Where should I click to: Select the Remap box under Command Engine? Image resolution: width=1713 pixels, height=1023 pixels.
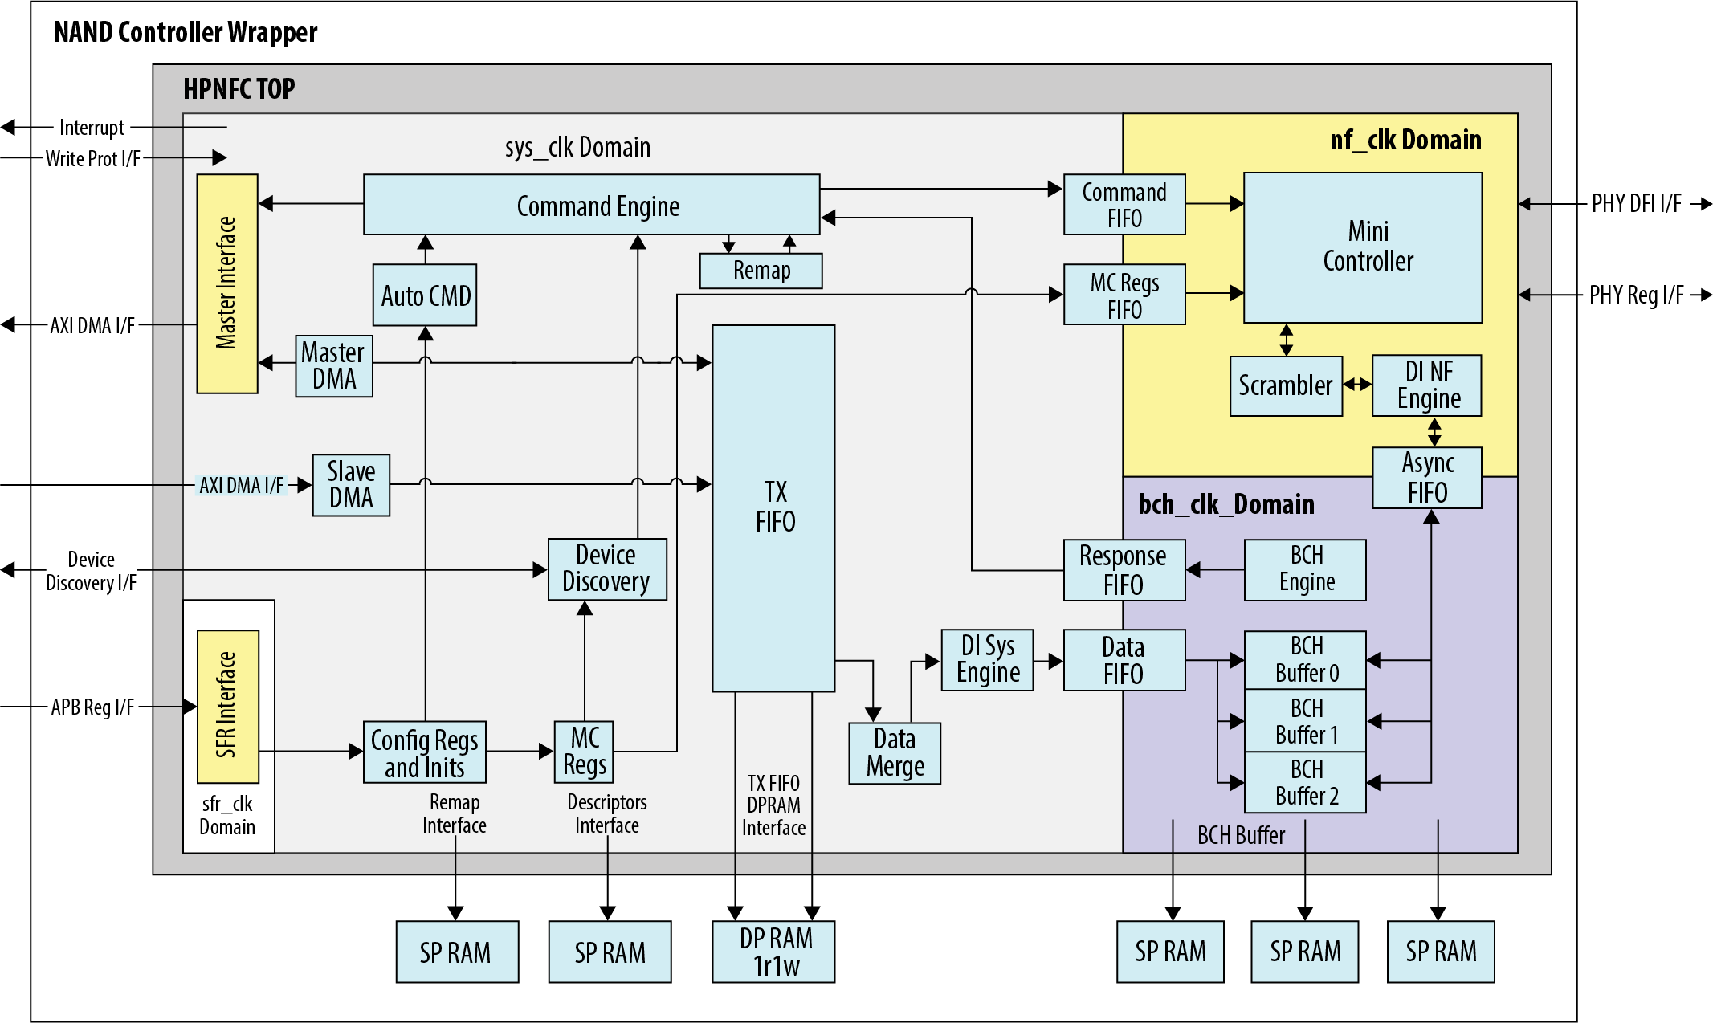761,271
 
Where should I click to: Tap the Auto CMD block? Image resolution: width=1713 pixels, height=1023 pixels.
425,295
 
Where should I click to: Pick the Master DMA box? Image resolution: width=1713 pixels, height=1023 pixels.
333,366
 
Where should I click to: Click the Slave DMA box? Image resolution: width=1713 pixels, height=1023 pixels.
351,485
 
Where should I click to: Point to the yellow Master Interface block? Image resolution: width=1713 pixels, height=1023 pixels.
227,283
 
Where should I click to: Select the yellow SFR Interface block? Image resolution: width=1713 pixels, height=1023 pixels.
228,706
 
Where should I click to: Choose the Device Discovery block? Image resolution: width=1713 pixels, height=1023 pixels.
607,569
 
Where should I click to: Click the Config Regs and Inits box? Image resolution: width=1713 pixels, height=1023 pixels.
424,752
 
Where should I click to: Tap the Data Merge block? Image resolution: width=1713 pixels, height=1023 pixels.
895,753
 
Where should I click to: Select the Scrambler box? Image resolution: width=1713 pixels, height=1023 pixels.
1286,385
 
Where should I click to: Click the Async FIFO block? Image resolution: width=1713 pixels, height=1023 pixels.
1427,478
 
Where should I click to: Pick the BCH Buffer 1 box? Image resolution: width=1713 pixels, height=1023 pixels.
1305,721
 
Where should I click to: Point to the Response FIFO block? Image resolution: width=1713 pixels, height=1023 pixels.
1124,570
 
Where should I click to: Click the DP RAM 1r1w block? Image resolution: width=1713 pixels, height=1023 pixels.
773,952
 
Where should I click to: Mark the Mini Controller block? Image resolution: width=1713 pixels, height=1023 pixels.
1363,247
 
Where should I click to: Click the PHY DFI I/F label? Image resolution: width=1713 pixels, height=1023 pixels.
1636,204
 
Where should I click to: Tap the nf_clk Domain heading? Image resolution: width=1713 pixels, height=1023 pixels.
1405,140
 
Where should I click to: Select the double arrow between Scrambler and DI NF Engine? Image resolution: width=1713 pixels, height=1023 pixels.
1357,385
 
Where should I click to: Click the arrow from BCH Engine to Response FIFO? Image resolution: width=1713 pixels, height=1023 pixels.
1215,570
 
